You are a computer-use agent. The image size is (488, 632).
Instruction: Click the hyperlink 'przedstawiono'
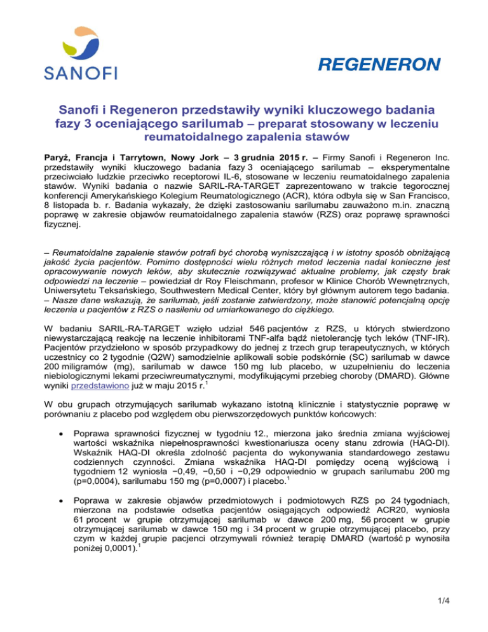[97, 366]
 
